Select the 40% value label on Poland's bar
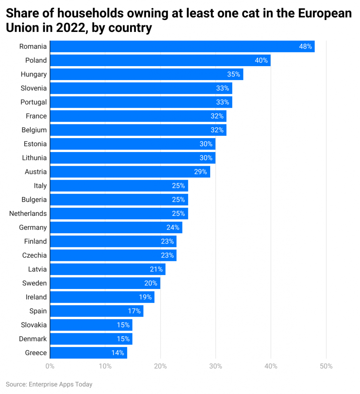click(261, 60)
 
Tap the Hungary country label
click(34, 74)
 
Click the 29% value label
click(201, 172)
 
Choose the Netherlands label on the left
click(28, 214)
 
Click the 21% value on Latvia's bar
click(156, 269)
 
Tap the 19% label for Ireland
click(145, 297)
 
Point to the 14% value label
click(118, 353)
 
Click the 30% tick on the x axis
click(216, 366)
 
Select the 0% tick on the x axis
click(50, 366)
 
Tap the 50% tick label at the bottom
click(326, 366)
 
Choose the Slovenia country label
click(34, 88)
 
